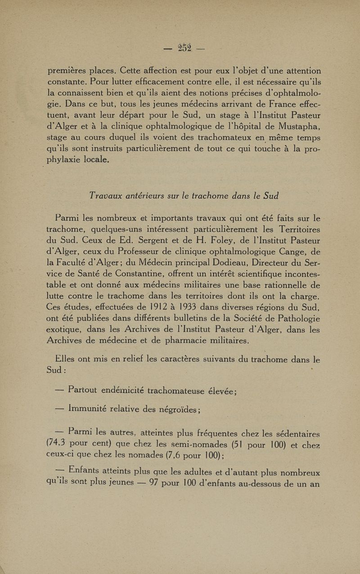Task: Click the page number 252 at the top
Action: [x=184, y=48]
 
